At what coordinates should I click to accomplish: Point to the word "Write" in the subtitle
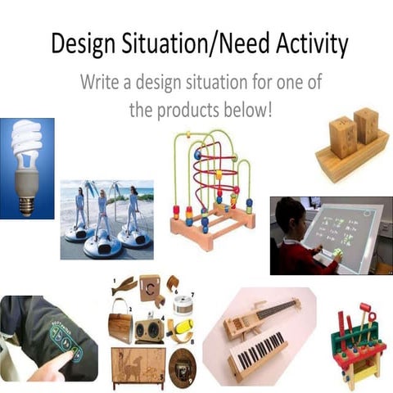click(102, 83)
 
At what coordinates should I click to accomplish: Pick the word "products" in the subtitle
click(193, 109)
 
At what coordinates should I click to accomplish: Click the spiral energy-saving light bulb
click(28, 147)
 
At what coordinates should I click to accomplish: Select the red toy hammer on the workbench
click(364, 314)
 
